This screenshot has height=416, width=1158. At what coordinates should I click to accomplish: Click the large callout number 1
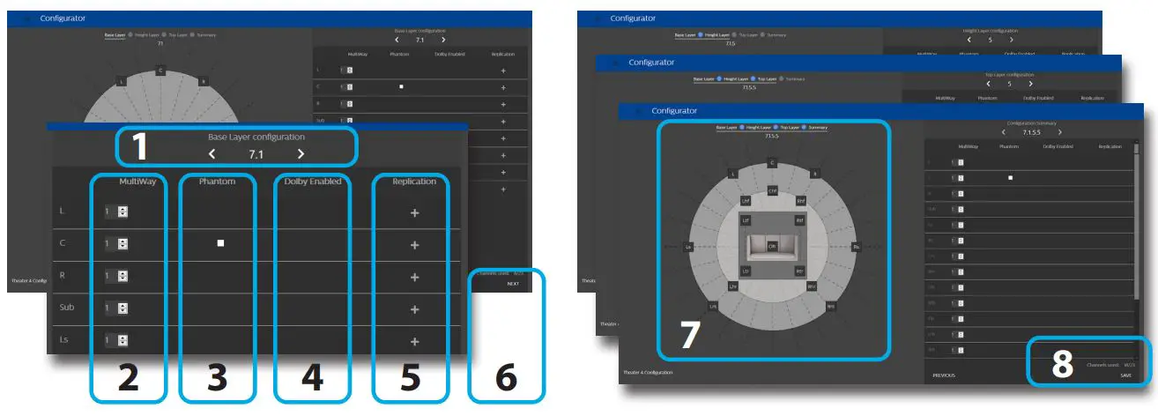[139, 147]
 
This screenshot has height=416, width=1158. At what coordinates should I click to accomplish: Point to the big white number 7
[689, 336]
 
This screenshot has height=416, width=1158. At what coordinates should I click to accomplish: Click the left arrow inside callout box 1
[212, 154]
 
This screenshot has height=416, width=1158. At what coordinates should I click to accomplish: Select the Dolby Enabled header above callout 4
[312, 182]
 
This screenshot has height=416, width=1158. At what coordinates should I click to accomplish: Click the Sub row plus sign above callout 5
[414, 309]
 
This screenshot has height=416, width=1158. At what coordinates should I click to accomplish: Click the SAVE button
[1125, 375]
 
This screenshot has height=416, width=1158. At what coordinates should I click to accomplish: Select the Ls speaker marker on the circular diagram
[688, 248]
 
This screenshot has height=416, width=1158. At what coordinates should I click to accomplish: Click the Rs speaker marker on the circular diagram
[856, 248]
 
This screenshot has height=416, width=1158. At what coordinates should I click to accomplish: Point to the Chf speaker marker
[772, 189]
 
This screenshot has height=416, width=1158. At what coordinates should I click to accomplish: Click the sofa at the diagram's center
[772, 247]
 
